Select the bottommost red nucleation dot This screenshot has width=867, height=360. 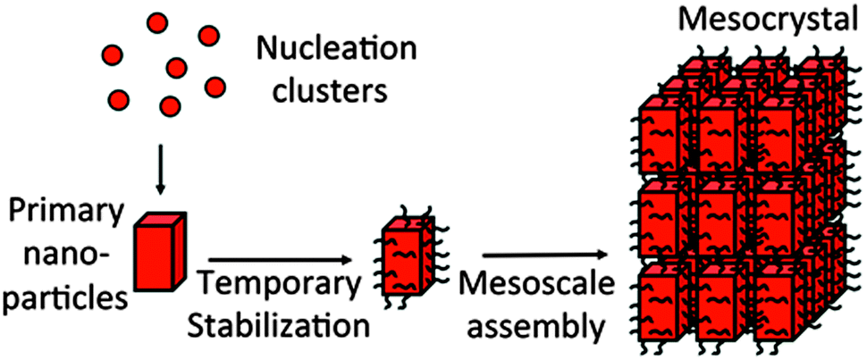click(x=168, y=106)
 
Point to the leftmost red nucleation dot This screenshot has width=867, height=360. click(x=116, y=98)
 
